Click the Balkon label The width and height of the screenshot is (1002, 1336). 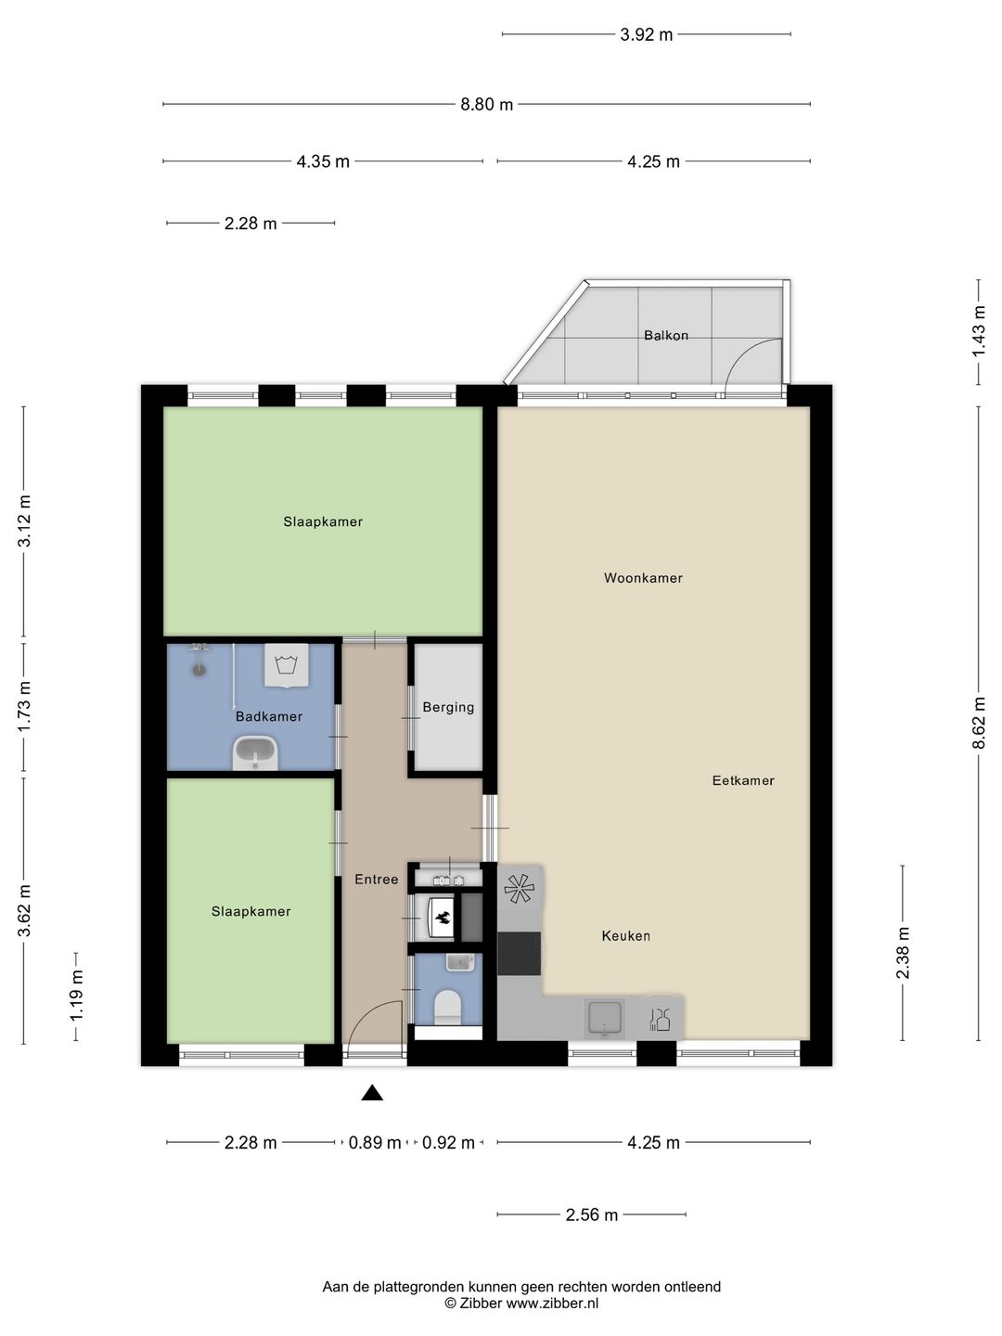665,335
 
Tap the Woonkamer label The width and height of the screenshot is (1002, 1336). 643,578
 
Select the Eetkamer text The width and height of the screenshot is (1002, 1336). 743,780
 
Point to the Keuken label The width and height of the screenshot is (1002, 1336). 626,935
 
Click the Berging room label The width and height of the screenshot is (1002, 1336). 448,707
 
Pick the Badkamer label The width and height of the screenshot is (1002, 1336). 269,716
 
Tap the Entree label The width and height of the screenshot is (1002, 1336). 376,879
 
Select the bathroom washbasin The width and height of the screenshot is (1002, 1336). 255,752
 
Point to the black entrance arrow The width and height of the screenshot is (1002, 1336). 372,1093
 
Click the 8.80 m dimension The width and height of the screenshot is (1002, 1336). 486,104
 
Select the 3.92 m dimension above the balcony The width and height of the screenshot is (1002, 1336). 646,34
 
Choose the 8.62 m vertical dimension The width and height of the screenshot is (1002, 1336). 979,723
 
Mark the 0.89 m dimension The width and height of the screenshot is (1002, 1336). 374,1142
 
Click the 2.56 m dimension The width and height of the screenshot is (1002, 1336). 591,1214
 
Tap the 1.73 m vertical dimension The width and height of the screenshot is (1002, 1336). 24,707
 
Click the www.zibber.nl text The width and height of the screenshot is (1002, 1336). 552,1303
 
